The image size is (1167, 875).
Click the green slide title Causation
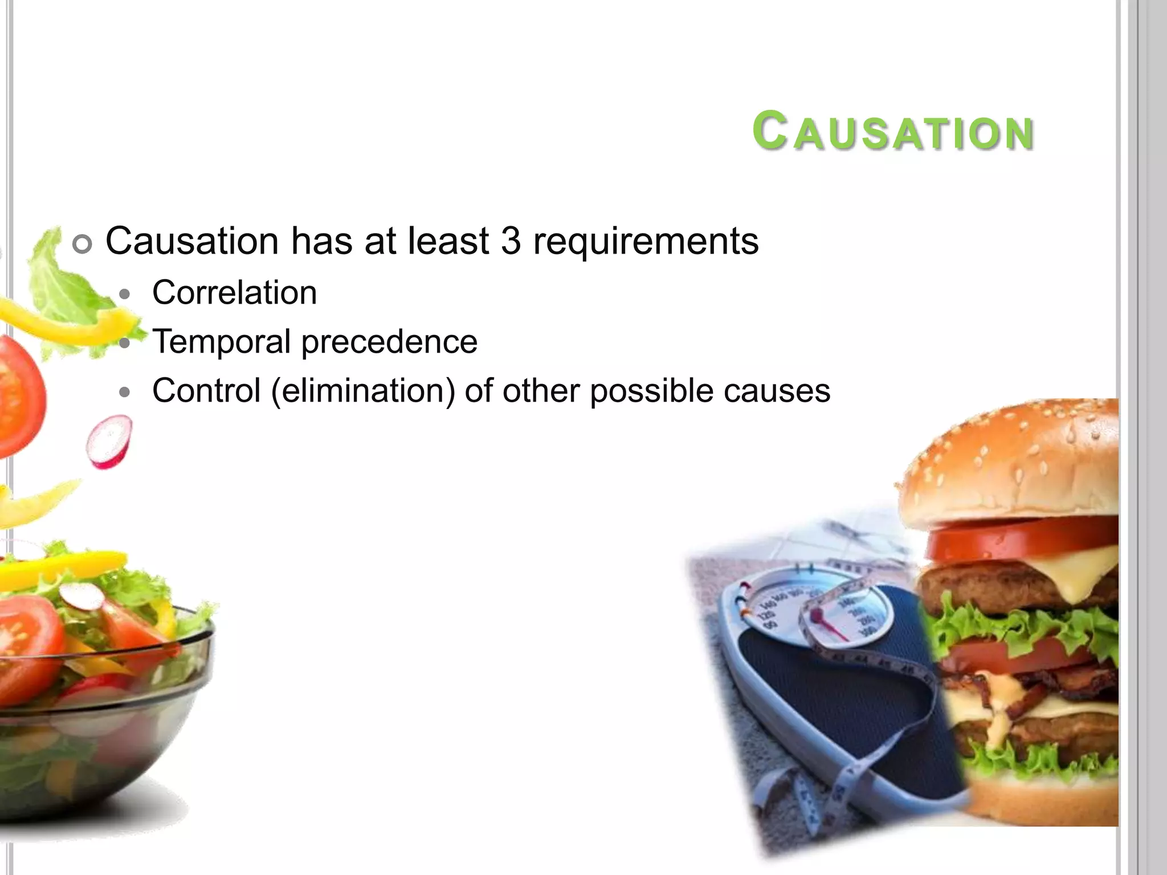pyautogui.click(x=893, y=132)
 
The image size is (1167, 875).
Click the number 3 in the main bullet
pyautogui.click(x=511, y=241)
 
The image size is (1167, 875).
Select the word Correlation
pyautogui.click(x=234, y=293)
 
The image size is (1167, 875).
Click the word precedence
pyautogui.click(x=389, y=343)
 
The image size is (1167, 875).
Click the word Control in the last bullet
pyautogui.click(x=206, y=391)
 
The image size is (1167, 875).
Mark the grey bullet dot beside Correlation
pyautogui.click(x=125, y=295)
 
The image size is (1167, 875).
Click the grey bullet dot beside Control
pyautogui.click(x=125, y=392)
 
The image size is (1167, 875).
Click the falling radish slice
pyautogui.click(x=109, y=441)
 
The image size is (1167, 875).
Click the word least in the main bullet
pyautogui.click(x=448, y=241)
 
